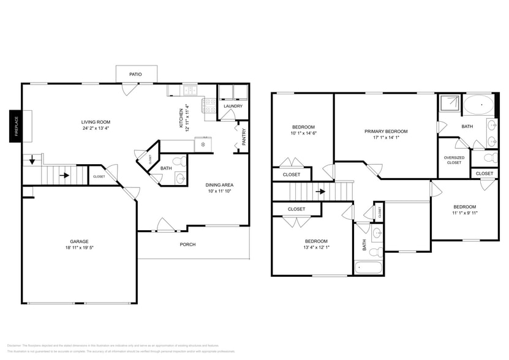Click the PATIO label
point(135,74)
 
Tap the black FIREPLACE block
point(15,126)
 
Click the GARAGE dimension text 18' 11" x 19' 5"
point(79,249)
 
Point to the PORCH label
point(187,244)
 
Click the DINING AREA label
point(219,185)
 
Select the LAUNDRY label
point(233,106)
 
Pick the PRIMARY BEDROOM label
point(386,132)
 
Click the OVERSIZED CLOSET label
point(454,160)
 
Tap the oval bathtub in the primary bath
point(481,105)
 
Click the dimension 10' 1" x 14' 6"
point(303,133)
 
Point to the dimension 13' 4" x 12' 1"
point(316,247)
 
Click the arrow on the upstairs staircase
point(320,191)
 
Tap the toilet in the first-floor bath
point(179,162)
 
